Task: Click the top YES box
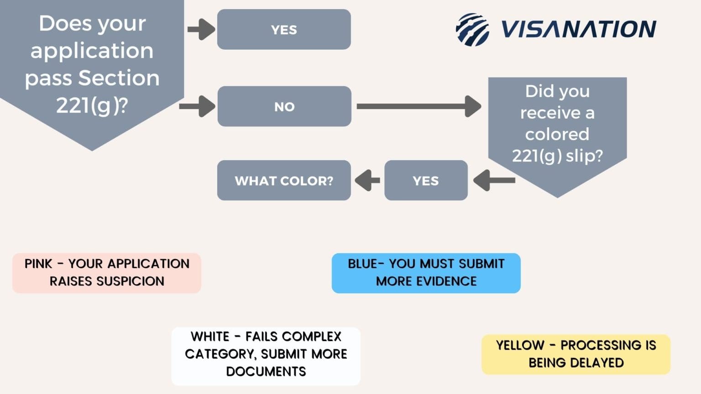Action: pyautogui.click(x=284, y=30)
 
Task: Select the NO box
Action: pyautogui.click(x=284, y=106)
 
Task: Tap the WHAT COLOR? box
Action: pyautogui.click(x=284, y=181)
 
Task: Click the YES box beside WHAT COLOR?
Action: pyautogui.click(x=426, y=181)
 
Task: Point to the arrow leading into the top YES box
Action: pyautogui.click(x=201, y=30)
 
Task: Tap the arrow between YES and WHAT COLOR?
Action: pyautogui.click(x=367, y=181)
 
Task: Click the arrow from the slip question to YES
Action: pyautogui.click(x=494, y=181)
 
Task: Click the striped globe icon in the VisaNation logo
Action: pyautogui.click(x=472, y=30)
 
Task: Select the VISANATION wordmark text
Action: pyautogui.click(x=579, y=30)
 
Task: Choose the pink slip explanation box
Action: pyautogui.click(x=107, y=273)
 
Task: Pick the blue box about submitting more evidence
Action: pyautogui.click(x=426, y=273)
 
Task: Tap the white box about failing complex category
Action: pyautogui.click(x=266, y=355)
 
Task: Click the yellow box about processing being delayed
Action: pyautogui.click(x=576, y=354)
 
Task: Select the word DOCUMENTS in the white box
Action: pyautogui.click(x=266, y=372)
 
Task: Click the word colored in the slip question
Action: pyautogui.click(x=557, y=135)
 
